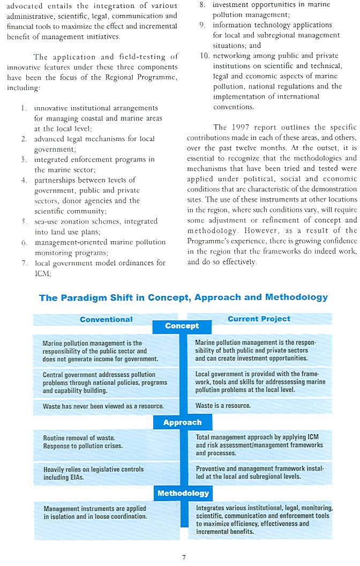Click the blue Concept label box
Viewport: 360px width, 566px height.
coord(182,326)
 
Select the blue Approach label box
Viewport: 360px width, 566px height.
coord(182,422)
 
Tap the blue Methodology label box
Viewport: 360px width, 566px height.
coord(183,493)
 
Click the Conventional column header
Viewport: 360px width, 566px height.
coord(106,319)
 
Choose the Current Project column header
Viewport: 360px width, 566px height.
coord(259,319)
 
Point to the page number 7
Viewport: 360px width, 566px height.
coord(184,557)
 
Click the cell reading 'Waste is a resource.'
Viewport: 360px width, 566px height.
coord(223,406)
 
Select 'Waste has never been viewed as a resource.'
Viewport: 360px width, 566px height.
coord(103,406)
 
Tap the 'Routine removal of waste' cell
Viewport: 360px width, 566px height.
coord(83,442)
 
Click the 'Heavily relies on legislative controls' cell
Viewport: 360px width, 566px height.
coord(94,473)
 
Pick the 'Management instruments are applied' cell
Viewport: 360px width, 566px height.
coord(95,512)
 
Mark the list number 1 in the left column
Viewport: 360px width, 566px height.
coord(24,108)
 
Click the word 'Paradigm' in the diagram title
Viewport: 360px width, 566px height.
coord(84,297)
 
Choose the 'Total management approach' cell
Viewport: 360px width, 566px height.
coord(259,445)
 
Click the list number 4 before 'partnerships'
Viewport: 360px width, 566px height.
coord(24,180)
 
